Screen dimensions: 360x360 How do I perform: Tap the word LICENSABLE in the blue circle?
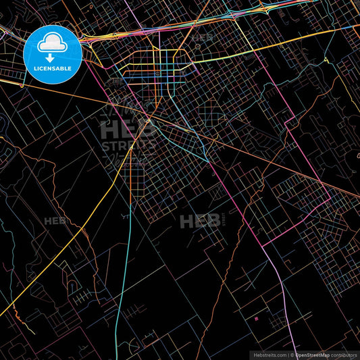click(53, 69)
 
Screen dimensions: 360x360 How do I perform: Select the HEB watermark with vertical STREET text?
click(201, 220)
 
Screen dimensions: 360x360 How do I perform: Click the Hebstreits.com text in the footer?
click(269, 354)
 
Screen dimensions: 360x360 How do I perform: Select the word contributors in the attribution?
click(344, 354)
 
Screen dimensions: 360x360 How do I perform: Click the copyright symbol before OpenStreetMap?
click(292, 354)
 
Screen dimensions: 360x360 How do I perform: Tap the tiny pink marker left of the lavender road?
click(257, 315)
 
